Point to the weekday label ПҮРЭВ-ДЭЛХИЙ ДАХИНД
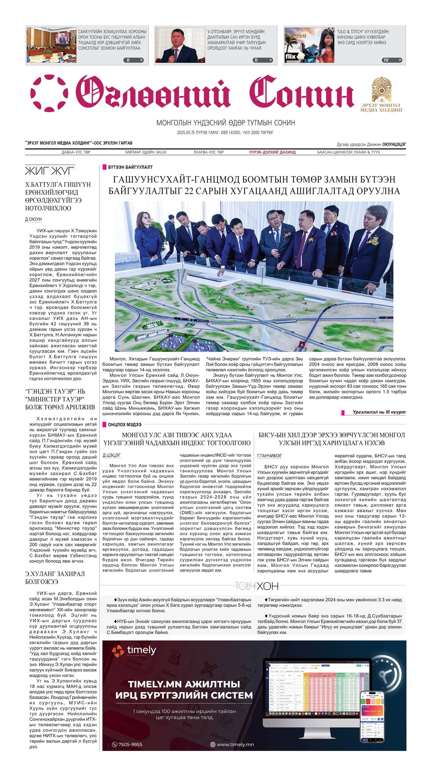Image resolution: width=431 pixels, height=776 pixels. click(272, 152)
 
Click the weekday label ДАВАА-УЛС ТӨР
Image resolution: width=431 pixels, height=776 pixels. click(76, 152)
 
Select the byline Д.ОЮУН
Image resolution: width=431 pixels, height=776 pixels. click(33, 219)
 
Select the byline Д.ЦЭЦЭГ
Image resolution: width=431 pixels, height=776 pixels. click(112, 455)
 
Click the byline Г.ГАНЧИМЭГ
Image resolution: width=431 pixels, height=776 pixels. click(270, 455)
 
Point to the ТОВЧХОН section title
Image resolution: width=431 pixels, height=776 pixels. click(256, 586)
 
